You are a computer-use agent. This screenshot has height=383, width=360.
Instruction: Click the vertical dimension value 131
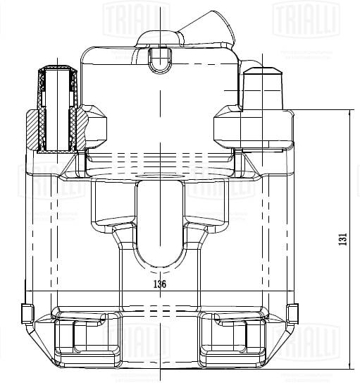pos(343,239)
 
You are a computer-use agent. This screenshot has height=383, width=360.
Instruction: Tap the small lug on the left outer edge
pos(27,312)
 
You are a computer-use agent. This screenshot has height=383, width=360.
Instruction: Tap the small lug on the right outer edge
pos(292,312)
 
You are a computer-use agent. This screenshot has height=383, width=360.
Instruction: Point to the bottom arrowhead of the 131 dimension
pos(350,367)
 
